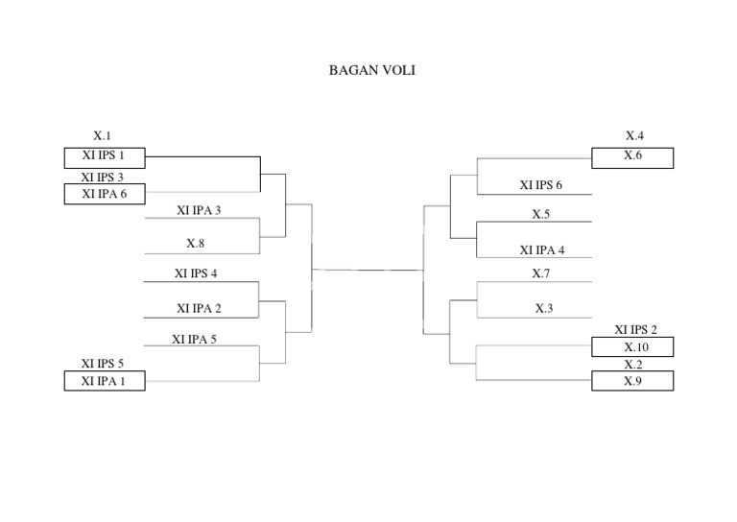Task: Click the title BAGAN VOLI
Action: pos(372,70)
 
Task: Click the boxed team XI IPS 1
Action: pos(105,156)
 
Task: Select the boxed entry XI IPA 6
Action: pos(105,194)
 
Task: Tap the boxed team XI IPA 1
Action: pos(105,381)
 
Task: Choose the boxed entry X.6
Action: pos(632,156)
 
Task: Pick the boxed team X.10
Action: pos(632,346)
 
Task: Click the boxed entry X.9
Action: pos(632,381)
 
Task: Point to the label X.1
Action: pos(102,136)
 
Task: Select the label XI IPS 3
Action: pos(103,178)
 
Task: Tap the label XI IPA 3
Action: pos(199,210)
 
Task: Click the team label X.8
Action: pos(196,244)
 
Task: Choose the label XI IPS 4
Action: pos(196,273)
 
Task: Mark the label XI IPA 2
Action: pos(199,308)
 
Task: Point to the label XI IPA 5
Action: pos(195,339)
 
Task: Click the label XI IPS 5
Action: pos(103,364)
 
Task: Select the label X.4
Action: pos(634,136)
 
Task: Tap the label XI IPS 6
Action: pos(541,185)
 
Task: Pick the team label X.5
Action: pos(541,215)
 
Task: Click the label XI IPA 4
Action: pos(542,250)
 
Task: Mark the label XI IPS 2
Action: pos(635,329)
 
